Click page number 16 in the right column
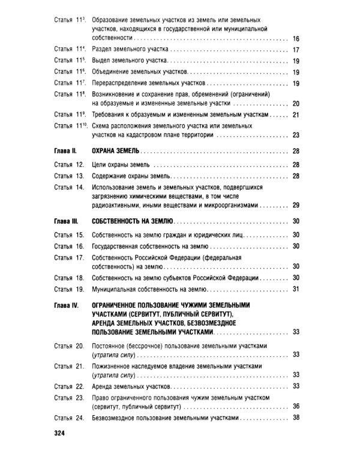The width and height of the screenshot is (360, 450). (295, 39)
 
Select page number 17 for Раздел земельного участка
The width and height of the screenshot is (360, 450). (295, 50)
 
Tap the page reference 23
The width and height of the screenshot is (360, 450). (295, 136)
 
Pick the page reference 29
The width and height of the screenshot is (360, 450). (295, 206)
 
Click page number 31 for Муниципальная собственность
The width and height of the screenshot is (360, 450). (295, 289)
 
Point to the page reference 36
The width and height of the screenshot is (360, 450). (295, 406)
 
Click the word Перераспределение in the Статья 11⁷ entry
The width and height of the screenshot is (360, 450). (122, 83)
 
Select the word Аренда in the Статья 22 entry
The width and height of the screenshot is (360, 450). (104, 386)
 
